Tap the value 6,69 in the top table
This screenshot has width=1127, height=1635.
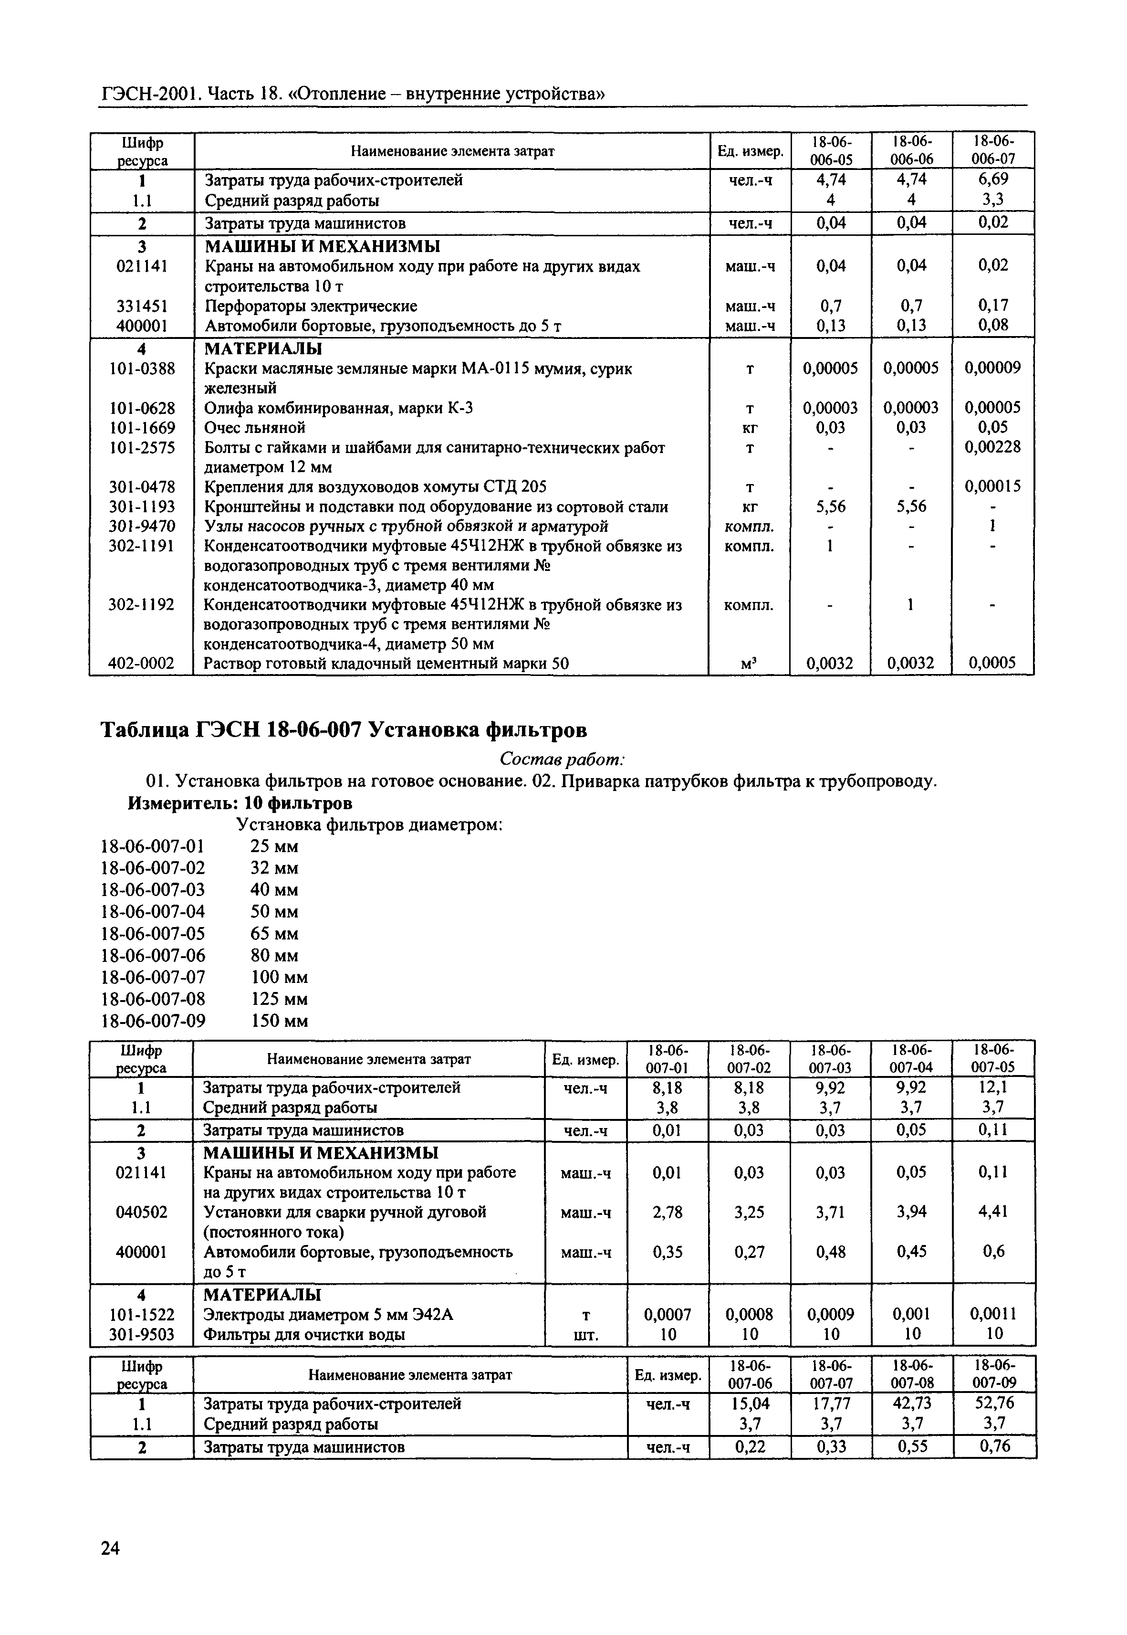tap(993, 179)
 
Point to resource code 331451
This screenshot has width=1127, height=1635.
tap(142, 306)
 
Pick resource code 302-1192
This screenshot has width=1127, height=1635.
tap(141, 605)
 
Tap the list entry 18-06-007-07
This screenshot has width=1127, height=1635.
tap(154, 977)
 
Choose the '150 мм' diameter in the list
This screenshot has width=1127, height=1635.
tap(280, 1021)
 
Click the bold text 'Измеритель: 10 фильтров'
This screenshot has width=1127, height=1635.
tap(240, 803)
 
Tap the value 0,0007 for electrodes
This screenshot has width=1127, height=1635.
tap(668, 1314)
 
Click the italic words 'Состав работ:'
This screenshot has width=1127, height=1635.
tap(562, 759)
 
